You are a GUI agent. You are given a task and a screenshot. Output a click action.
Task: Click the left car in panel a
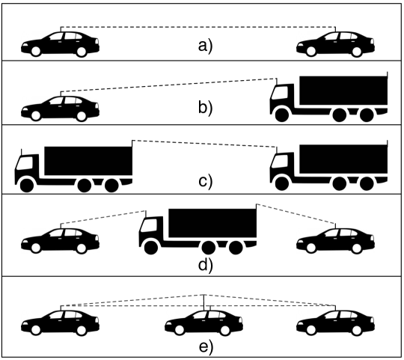[60, 44]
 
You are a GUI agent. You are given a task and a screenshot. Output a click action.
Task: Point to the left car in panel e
[60, 322]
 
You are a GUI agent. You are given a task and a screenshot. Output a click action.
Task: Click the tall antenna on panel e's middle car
[205, 301]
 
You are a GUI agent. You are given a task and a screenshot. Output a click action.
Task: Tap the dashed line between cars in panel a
[198, 28]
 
